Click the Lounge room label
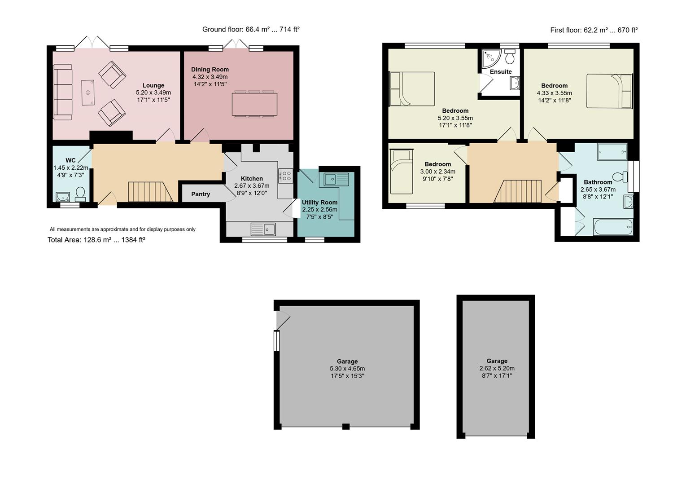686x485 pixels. (153, 85)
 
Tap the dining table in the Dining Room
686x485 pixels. (254, 104)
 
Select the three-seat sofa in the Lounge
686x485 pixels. (62, 92)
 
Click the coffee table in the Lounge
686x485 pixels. (88, 93)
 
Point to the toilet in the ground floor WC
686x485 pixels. (81, 194)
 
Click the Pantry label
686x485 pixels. (201, 194)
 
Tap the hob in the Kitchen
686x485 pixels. (285, 176)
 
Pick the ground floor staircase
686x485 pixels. (150, 192)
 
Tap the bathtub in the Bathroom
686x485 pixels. (613, 227)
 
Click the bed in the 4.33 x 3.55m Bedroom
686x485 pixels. (609, 91)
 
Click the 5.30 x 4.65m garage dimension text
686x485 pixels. (347, 369)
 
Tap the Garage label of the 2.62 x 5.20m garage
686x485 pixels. (497, 361)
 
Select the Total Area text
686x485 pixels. (96, 240)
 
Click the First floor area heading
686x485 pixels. (594, 30)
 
